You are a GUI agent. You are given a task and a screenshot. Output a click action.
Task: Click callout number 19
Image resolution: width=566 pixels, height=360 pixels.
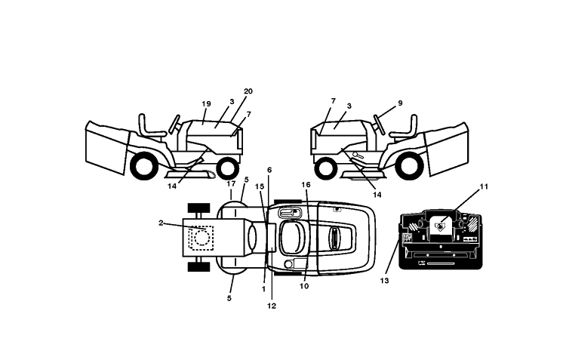point(206,104)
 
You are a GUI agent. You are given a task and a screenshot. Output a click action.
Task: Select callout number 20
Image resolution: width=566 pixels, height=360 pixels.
point(248,91)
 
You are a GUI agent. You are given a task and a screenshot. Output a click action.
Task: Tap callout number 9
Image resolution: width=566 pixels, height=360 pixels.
point(400,103)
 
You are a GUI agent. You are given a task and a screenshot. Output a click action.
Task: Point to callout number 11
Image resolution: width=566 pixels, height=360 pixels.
point(484,186)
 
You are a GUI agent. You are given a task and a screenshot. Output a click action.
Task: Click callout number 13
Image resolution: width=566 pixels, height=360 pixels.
point(384,281)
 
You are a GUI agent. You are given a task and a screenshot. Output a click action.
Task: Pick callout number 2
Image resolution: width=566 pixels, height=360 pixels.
point(161,223)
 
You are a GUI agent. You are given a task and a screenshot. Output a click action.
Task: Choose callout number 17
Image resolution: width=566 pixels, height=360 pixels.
point(231,184)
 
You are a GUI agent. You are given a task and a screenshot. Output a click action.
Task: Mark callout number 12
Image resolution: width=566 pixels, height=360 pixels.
point(272,306)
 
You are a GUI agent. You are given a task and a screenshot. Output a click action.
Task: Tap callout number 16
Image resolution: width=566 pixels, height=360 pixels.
point(306,185)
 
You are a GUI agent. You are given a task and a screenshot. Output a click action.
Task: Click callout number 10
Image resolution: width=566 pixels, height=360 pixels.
point(304,286)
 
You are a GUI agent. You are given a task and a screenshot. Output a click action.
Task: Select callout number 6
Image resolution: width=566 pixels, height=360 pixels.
point(269,170)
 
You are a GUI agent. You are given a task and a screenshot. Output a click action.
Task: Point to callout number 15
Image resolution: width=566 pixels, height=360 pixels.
point(260,186)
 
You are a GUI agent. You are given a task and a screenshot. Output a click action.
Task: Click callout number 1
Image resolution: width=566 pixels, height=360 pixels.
point(263,289)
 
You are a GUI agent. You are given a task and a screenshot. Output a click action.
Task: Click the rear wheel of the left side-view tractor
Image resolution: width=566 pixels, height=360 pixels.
point(144,166)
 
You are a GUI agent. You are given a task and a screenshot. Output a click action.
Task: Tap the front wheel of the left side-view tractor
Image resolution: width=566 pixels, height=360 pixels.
point(227,168)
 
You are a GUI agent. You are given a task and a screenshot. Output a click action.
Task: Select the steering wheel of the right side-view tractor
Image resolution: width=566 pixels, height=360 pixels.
point(380,124)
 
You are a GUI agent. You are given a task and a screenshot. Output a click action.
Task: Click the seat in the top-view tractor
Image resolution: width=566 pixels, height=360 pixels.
point(293,238)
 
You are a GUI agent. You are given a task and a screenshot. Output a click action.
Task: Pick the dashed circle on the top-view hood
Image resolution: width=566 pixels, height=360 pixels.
point(201,238)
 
